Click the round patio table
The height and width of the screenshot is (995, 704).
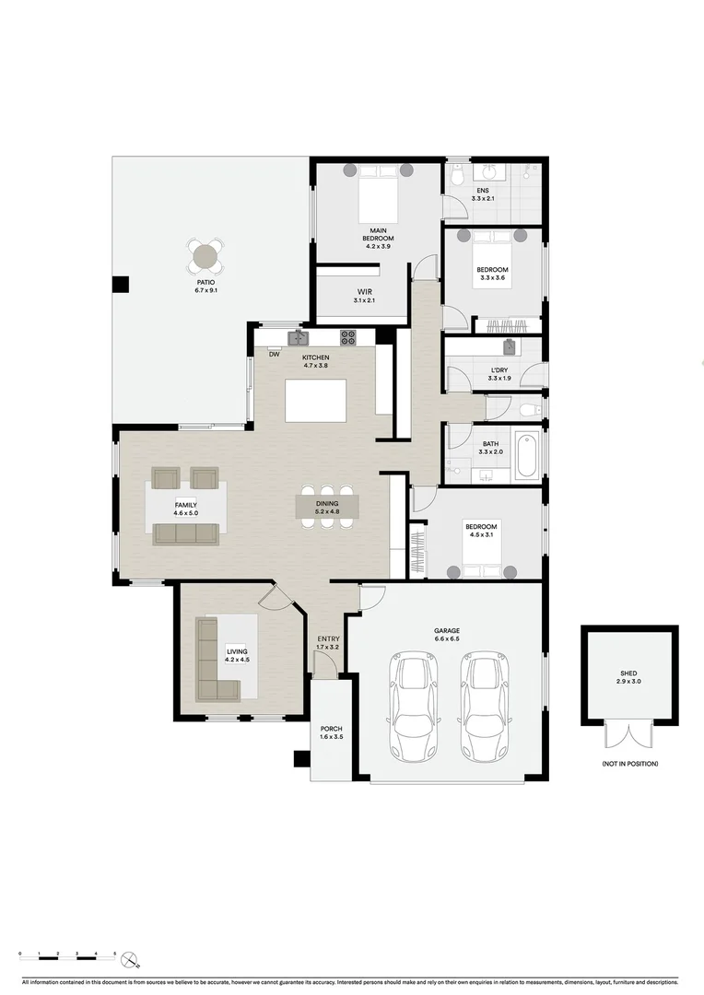pyautogui.click(x=205, y=254)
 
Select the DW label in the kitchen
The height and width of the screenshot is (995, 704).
pyautogui.click(x=274, y=354)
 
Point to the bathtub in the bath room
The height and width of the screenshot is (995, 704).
pyautogui.click(x=526, y=455)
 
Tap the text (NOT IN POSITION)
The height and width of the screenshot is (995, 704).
pyautogui.click(x=629, y=764)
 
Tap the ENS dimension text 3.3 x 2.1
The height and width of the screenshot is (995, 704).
pyautogui.click(x=483, y=198)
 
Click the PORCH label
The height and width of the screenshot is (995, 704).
pyautogui.click(x=331, y=729)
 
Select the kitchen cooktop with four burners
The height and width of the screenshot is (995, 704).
pyautogui.click(x=348, y=338)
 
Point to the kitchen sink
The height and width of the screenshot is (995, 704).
pyautogui.click(x=297, y=338)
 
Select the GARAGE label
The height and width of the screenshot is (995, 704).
pyautogui.click(x=447, y=631)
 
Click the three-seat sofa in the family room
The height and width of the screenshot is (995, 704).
pyautogui.click(x=186, y=533)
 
